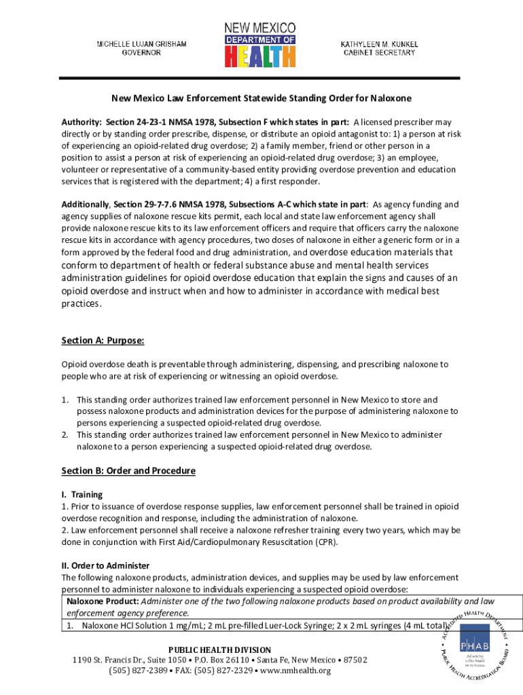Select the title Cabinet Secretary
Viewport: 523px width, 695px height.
(379, 53)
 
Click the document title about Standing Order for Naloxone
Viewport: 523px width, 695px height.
(261, 98)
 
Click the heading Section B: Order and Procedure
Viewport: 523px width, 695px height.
(128, 471)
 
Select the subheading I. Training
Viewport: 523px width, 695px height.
(82, 495)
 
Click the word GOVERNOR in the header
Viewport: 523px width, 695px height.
(141, 53)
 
